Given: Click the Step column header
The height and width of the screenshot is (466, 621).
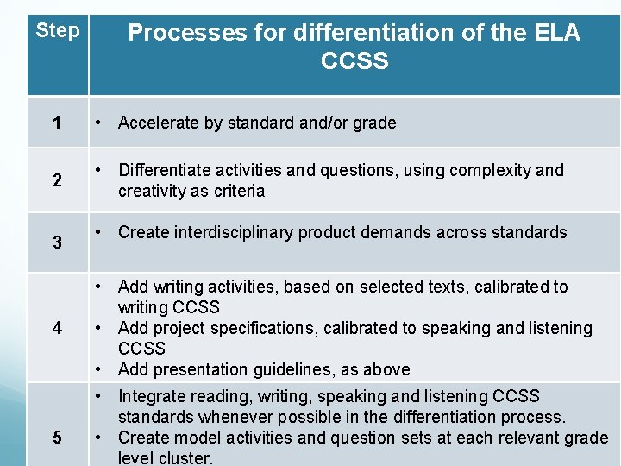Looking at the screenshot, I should [57, 31].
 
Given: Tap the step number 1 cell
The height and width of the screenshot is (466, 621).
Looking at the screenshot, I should [57, 123].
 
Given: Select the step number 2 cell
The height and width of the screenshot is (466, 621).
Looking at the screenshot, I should [57, 180].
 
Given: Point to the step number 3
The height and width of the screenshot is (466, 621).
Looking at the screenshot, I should [57, 242].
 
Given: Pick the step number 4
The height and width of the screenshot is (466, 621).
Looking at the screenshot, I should [57, 328].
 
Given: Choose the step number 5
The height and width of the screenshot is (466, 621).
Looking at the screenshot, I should [57, 438].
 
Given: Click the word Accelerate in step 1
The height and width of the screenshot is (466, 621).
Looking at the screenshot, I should [158, 123].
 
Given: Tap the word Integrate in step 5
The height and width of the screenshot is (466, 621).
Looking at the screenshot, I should [152, 396].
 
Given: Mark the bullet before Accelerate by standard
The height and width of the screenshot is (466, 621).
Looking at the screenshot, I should [100, 123].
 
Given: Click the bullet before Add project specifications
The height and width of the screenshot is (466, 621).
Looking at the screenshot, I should [100, 328].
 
